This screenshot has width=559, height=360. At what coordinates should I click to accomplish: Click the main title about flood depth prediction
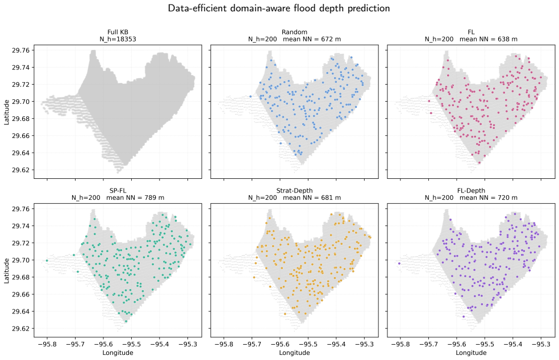pos(279,8)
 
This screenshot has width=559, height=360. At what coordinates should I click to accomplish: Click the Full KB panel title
pos(118,32)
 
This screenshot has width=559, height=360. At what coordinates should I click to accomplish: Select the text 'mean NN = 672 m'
pos(312,39)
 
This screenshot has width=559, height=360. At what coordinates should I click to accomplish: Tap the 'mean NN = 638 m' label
pos(489,39)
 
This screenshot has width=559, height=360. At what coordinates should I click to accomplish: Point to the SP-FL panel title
pos(118,191)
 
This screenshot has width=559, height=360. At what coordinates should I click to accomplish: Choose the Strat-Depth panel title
pos(294,191)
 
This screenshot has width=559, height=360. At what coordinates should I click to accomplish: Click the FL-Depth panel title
pos(471,191)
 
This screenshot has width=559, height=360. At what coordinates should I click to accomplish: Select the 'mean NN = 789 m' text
pos(135,198)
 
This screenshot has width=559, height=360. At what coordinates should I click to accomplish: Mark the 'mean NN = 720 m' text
pos(489,198)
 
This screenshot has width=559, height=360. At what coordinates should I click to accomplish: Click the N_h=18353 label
pos(118,39)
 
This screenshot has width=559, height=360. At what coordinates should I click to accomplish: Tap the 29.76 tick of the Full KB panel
pos(21,51)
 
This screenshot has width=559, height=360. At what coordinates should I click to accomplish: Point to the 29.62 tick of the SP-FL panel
pos(21,329)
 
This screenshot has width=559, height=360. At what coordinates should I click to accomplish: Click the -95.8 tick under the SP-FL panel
pos(47,345)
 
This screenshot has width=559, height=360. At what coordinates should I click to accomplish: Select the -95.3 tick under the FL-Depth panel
pos(541,345)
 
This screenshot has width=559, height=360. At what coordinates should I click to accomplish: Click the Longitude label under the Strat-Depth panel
pos(294,353)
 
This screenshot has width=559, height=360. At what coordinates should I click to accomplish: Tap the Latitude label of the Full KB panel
pos(6,112)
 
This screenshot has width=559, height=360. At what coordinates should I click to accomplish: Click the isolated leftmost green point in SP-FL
pos(47,261)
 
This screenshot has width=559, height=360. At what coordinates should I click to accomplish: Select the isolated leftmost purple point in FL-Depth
pos(399,263)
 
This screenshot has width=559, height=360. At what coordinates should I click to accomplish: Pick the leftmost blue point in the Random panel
pos(251,96)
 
